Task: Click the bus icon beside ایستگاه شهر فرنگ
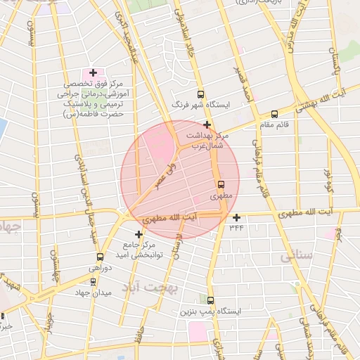pyautogui.click(x=201, y=94)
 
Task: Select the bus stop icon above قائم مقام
pyautogui.click(x=274, y=114)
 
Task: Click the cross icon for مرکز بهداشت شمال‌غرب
pyautogui.click(x=207, y=124)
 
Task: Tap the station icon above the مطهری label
pyautogui.click(x=221, y=185)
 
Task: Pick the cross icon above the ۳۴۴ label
pyautogui.click(x=237, y=217)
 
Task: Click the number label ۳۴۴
pyautogui.click(x=236, y=227)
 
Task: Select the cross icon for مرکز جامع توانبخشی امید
pyautogui.click(x=139, y=233)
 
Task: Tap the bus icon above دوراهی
pyautogui.click(x=100, y=257)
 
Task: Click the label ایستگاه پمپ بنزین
pyautogui.click(x=210, y=311)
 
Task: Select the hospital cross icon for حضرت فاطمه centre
pyautogui.click(x=93, y=72)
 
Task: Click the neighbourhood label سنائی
pyautogui.click(x=296, y=257)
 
